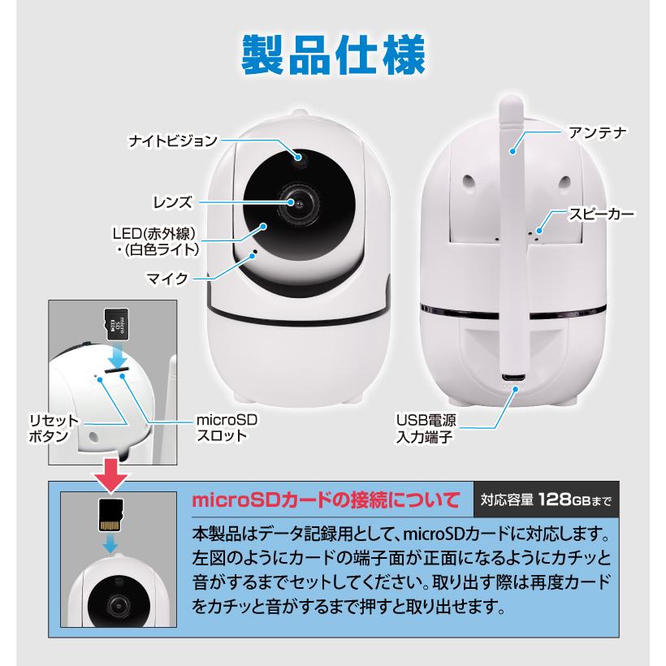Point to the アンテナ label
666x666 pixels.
point(596,132)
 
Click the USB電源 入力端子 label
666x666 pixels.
point(426,429)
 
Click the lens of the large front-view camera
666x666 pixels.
point(300,201)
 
